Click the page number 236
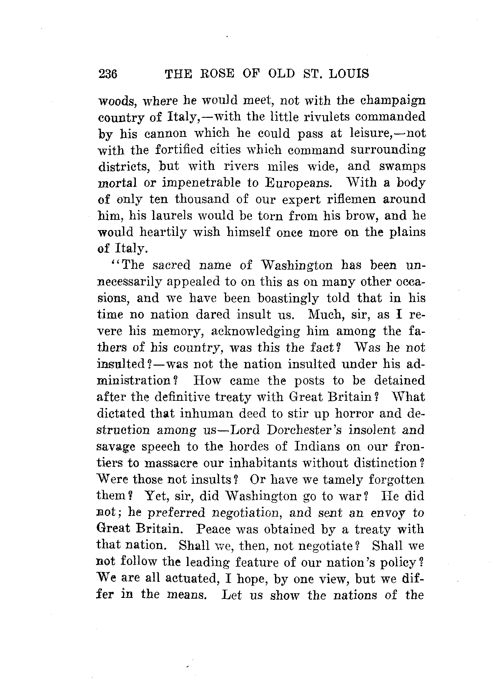click(x=108, y=74)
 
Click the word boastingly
click(x=288, y=298)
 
